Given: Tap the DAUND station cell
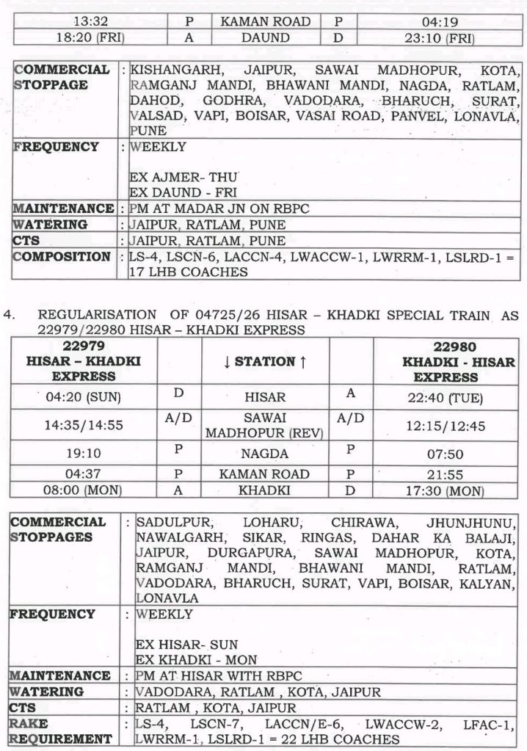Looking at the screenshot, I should tap(265, 38).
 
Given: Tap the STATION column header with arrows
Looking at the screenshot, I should tap(265, 361).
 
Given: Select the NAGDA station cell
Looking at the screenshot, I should tap(265, 454).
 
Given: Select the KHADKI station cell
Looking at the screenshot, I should tap(265, 490).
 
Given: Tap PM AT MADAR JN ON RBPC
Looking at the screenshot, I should tap(219, 209).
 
